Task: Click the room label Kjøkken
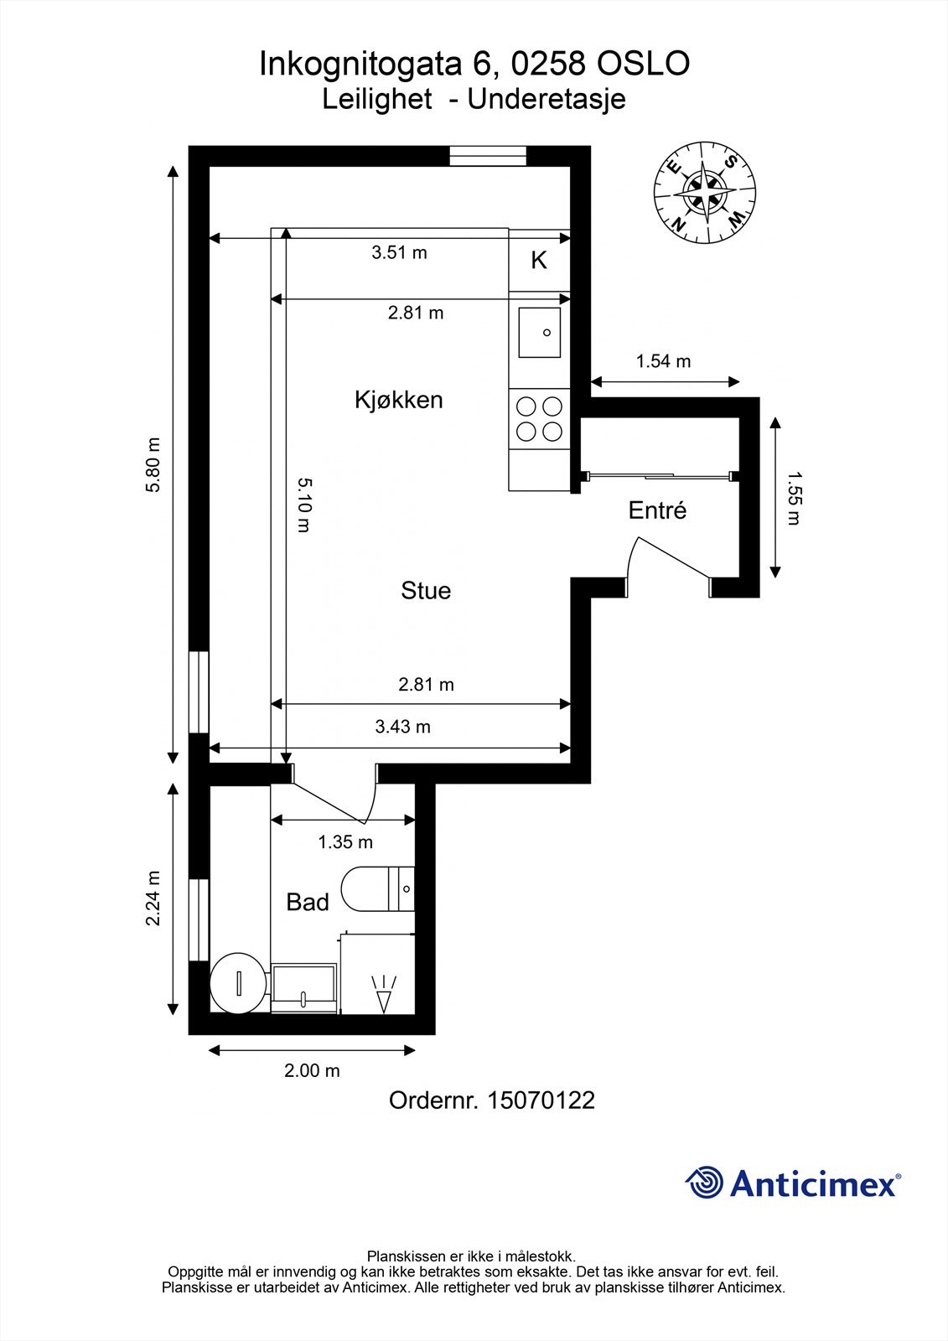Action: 399,400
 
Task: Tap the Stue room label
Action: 426,591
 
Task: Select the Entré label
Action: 657,510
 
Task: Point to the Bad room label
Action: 308,902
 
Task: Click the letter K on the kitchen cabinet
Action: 539,261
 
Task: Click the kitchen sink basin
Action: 540,333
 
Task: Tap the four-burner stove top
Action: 539,419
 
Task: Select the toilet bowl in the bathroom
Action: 377,889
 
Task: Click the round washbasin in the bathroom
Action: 238,984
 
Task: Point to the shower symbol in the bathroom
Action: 383,994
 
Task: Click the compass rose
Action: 704,192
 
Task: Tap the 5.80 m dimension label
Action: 153,464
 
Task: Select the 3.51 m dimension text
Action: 400,252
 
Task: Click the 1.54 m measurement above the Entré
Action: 663,361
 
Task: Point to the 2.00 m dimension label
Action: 312,1070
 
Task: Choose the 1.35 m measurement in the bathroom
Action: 345,842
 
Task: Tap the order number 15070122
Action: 541,1100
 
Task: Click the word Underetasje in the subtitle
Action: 547,100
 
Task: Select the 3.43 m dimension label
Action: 402,727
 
